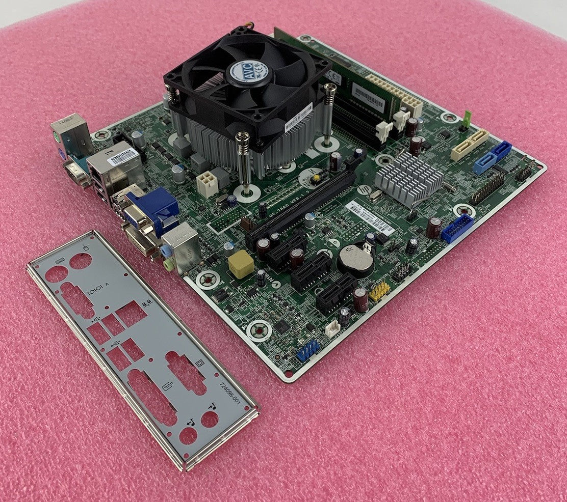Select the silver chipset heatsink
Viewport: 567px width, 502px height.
point(408,178)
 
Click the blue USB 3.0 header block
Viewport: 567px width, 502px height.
point(457,228)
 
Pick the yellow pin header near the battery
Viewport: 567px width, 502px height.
point(379,291)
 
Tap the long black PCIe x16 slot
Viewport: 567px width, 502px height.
point(301,208)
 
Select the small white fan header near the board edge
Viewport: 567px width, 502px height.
point(332,329)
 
